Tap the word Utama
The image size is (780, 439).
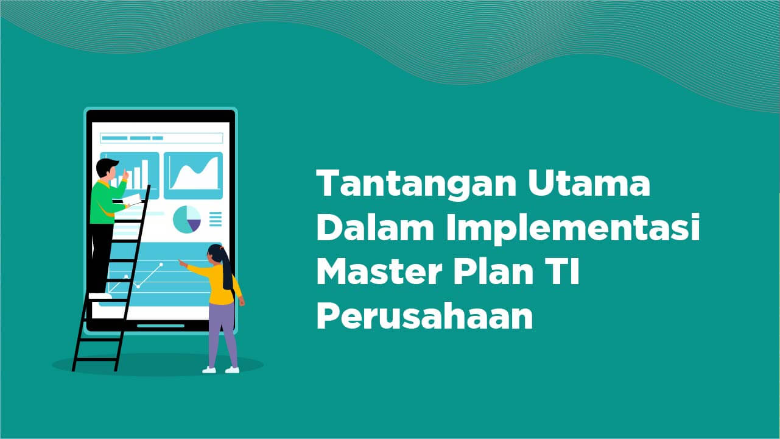point(588,183)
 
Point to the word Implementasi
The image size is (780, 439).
point(572,229)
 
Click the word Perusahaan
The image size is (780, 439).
point(424,317)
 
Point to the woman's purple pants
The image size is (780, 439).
point(222,332)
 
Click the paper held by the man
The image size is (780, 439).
point(132,199)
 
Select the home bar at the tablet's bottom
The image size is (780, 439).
point(160,326)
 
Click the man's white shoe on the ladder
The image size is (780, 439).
point(100,296)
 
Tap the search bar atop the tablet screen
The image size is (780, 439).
point(161,138)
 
